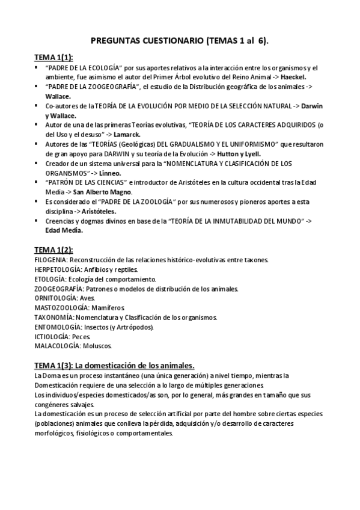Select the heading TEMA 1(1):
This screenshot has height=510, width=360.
53,57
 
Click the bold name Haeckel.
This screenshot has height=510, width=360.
291,77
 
